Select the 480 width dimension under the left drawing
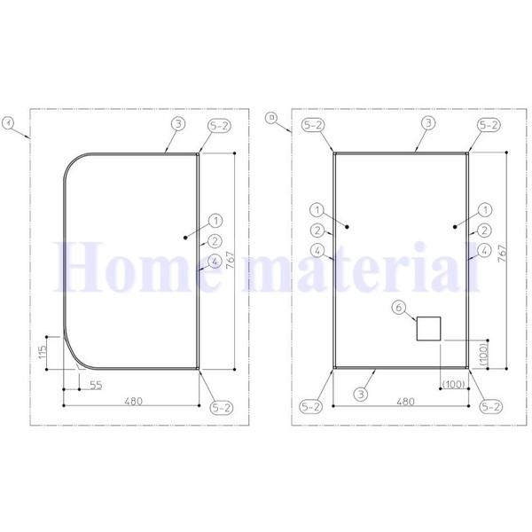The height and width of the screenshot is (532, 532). point(132,400)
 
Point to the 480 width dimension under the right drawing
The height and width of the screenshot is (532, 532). point(404,400)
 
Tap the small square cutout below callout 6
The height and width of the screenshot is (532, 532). point(428,328)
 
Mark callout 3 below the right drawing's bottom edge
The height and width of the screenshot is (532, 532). point(362,393)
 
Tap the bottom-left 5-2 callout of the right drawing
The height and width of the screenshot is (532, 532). point(311,407)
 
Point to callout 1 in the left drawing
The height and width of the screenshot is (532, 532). point(215,219)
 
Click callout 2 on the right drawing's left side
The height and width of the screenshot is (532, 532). point(317,230)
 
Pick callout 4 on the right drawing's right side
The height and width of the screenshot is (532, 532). point(485,251)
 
